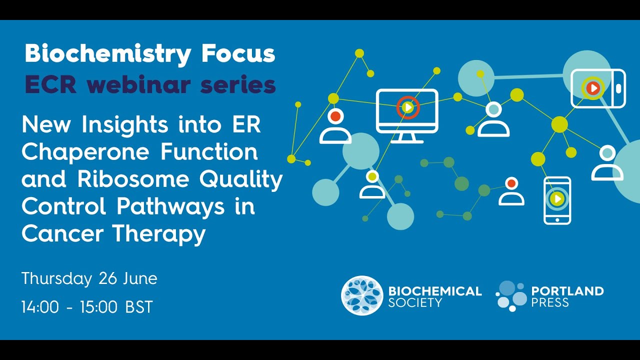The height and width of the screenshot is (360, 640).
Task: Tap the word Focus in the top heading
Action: [238, 53]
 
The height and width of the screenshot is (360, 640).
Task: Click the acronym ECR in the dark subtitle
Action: [50, 85]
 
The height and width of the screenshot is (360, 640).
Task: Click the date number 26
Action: [108, 278]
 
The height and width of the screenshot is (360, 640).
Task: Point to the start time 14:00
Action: [40, 307]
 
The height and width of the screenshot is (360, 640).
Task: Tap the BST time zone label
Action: [138, 307]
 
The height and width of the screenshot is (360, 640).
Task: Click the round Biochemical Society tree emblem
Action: [362, 295]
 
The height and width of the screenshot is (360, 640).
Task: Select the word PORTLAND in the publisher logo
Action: [567, 290]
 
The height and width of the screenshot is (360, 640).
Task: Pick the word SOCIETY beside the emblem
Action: [415, 302]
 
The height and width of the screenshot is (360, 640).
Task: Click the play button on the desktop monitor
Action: [408, 107]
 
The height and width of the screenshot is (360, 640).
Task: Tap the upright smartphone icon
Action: [557, 200]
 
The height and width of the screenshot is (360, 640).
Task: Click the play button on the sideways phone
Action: [593, 88]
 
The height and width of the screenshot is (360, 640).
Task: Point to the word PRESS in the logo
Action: [550, 302]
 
